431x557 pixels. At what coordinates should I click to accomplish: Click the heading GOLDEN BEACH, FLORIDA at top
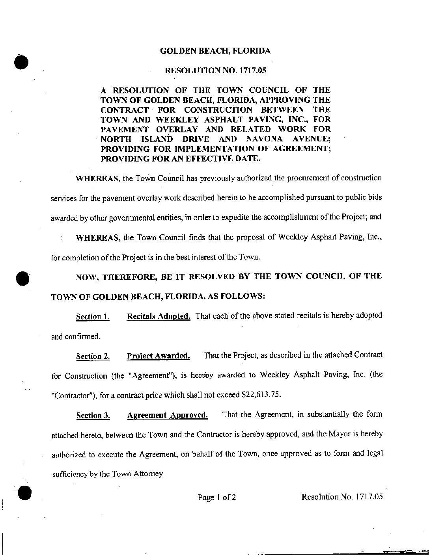(x=215, y=51)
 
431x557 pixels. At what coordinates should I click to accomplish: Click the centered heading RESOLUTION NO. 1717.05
(x=215, y=71)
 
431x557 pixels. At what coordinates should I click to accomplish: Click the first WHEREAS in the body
(x=98, y=178)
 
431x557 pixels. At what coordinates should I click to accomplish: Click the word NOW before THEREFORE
(x=86, y=277)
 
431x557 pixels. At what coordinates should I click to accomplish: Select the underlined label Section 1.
(x=92, y=317)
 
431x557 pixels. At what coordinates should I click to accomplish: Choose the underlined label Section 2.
(x=93, y=356)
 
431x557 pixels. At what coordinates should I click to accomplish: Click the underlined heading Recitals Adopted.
(x=159, y=316)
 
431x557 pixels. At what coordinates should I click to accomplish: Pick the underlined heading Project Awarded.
(x=158, y=356)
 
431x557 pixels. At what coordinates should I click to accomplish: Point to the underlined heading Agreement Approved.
(x=167, y=415)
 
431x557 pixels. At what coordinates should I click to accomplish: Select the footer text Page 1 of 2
(x=216, y=498)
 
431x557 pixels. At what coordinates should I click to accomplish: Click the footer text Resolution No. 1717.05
(x=342, y=497)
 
